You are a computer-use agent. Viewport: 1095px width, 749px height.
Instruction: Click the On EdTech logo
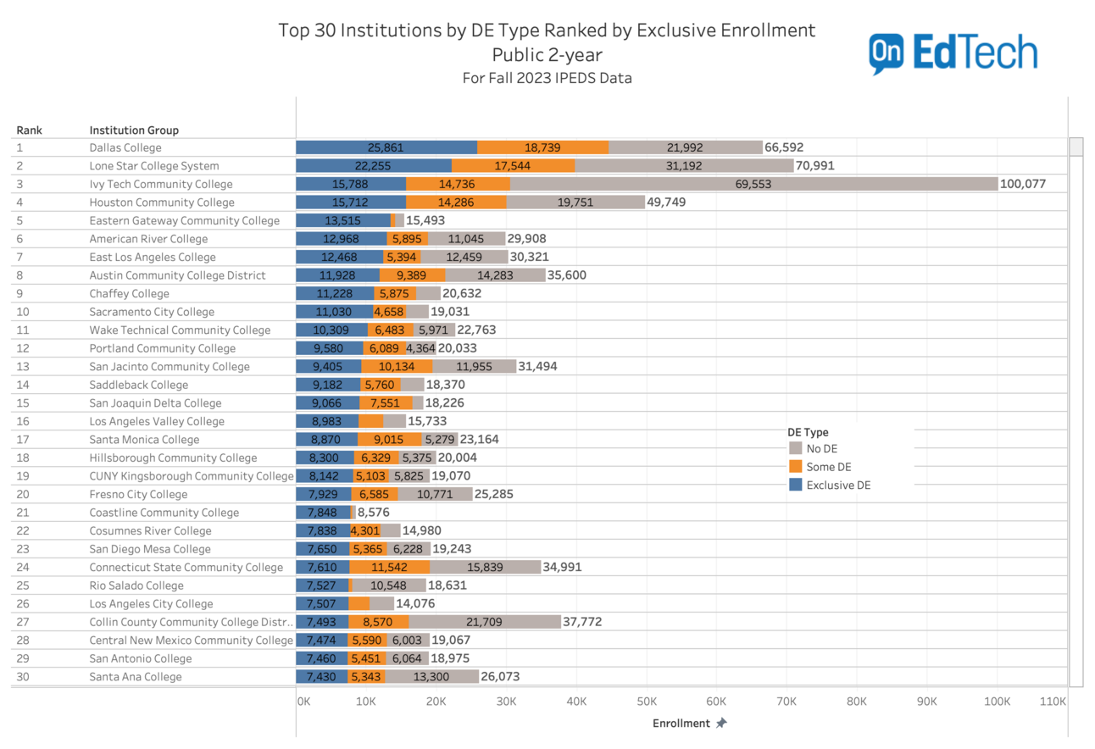(x=953, y=53)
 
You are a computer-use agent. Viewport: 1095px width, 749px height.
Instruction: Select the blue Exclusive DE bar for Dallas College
(x=386, y=147)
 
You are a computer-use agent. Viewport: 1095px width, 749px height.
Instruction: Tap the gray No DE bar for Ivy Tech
(x=753, y=184)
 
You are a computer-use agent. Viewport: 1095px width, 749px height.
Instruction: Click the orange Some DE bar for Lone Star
(x=513, y=166)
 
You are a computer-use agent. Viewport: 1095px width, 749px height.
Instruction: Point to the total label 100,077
(x=1023, y=184)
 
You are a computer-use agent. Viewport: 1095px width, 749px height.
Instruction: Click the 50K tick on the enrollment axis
(x=647, y=702)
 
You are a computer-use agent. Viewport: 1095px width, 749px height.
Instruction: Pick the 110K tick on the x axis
(x=1053, y=702)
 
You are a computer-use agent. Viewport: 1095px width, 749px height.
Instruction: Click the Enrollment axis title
(x=681, y=724)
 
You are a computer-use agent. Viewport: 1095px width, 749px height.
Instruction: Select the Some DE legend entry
(x=828, y=467)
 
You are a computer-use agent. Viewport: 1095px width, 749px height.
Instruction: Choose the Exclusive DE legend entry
(x=837, y=485)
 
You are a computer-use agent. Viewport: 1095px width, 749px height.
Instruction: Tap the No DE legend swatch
(x=795, y=448)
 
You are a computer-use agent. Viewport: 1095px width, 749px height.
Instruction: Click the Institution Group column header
(x=134, y=130)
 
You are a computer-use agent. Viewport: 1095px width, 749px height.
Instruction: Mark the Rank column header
(x=29, y=130)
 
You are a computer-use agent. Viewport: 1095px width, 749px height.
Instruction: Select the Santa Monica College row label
(x=144, y=440)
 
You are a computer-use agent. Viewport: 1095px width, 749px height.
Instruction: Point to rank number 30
(x=23, y=677)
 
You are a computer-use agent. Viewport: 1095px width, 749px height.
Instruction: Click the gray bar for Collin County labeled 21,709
(x=485, y=622)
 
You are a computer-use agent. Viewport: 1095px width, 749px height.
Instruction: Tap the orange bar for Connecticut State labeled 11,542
(x=390, y=567)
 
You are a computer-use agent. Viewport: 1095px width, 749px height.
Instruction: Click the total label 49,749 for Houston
(x=666, y=203)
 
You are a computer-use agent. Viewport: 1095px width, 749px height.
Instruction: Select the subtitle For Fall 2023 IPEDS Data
(x=547, y=78)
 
